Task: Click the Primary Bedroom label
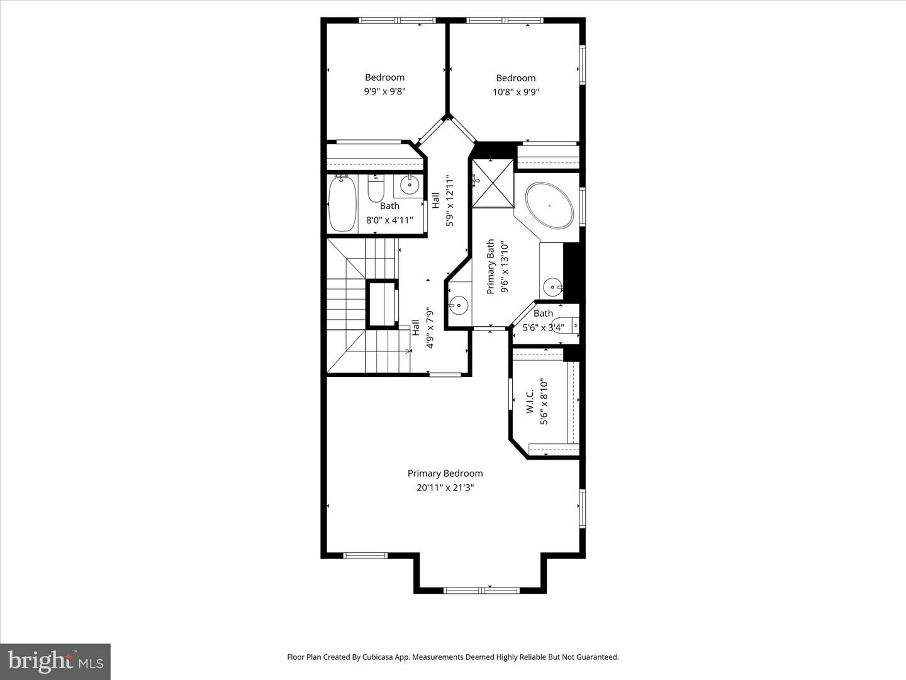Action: point(445,473)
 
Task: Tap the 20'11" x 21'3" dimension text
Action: point(445,487)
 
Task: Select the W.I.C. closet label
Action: point(530,401)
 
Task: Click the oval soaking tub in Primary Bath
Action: point(550,205)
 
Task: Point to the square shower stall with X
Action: point(493,183)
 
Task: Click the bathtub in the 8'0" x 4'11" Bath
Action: point(342,204)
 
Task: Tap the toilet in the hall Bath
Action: point(376,188)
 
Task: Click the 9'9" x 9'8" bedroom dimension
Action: point(384,91)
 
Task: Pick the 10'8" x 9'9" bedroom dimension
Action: point(516,92)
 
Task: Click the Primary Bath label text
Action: point(491,267)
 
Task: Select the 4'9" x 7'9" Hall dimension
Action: point(430,328)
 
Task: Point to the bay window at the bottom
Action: point(481,591)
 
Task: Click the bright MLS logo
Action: point(55,661)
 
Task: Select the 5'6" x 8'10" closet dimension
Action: point(544,402)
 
